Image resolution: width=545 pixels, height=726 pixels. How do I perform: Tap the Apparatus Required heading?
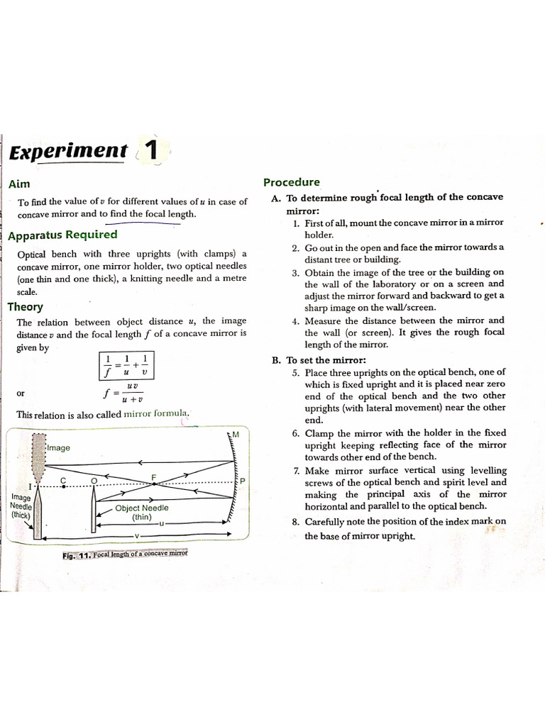62,235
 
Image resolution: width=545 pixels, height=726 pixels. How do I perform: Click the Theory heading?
25,307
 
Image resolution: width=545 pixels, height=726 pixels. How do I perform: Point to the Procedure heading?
292,182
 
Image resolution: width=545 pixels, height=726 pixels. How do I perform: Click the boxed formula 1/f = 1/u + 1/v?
126,365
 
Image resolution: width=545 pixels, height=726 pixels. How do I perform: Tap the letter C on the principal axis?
63,480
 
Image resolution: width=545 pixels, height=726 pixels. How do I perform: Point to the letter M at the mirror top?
236,435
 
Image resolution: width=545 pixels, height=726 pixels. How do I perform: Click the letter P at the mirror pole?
242,481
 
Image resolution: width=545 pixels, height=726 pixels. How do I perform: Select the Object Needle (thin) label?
142,513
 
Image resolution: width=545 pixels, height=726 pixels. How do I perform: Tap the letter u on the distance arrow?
162,523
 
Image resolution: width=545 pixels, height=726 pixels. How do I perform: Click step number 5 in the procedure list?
295,372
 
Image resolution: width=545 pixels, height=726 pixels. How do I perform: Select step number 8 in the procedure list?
295,522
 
